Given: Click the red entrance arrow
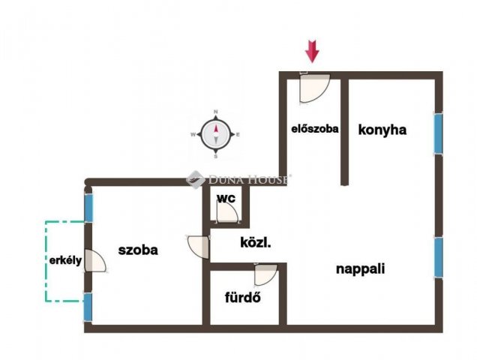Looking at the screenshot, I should pyautogui.click(x=312, y=50).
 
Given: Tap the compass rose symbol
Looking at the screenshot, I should pyautogui.click(x=216, y=135).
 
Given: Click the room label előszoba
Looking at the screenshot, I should pyautogui.click(x=315, y=128).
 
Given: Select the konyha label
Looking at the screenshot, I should pyautogui.click(x=382, y=129).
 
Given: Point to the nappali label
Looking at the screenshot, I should pyautogui.click(x=360, y=268).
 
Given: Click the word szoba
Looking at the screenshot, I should pyautogui.click(x=138, y=250).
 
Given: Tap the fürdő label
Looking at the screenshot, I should pyautogui.click(x=242, y=296).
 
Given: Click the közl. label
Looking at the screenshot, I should pyautogui.click(x=255, y=242).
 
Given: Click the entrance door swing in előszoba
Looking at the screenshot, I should pyautogui.click(x=313, y=88).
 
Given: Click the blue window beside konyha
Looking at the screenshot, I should pyautogui.click(x=438, y=133).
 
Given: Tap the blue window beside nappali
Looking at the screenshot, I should pyautogui.click(x=438, y=257).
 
